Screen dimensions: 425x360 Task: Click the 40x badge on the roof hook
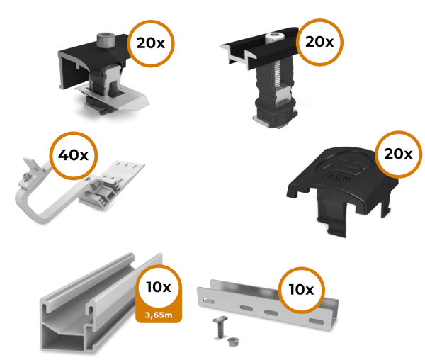click(x=74, y=155)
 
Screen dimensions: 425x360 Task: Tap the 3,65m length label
click(x=159, y=315)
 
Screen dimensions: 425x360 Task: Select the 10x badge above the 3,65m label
click(x=159, y=287)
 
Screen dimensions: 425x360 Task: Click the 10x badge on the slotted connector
click(x=302, y=290)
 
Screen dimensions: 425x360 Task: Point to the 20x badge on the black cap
click(x=398, y=154)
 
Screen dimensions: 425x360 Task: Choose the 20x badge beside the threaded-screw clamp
click(x=319, y=42)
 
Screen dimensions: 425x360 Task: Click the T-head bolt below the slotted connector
click(x=220, y=327)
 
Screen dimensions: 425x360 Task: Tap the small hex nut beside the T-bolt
click(x=232, y=342)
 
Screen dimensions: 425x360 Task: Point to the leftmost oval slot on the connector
click(x=208, y=300)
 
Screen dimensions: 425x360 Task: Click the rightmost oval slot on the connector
click(x=316, y=322)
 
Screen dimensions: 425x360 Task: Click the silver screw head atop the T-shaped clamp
click(x=273, y=38)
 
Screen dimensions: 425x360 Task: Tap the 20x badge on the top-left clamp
click(x=151, y=43)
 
